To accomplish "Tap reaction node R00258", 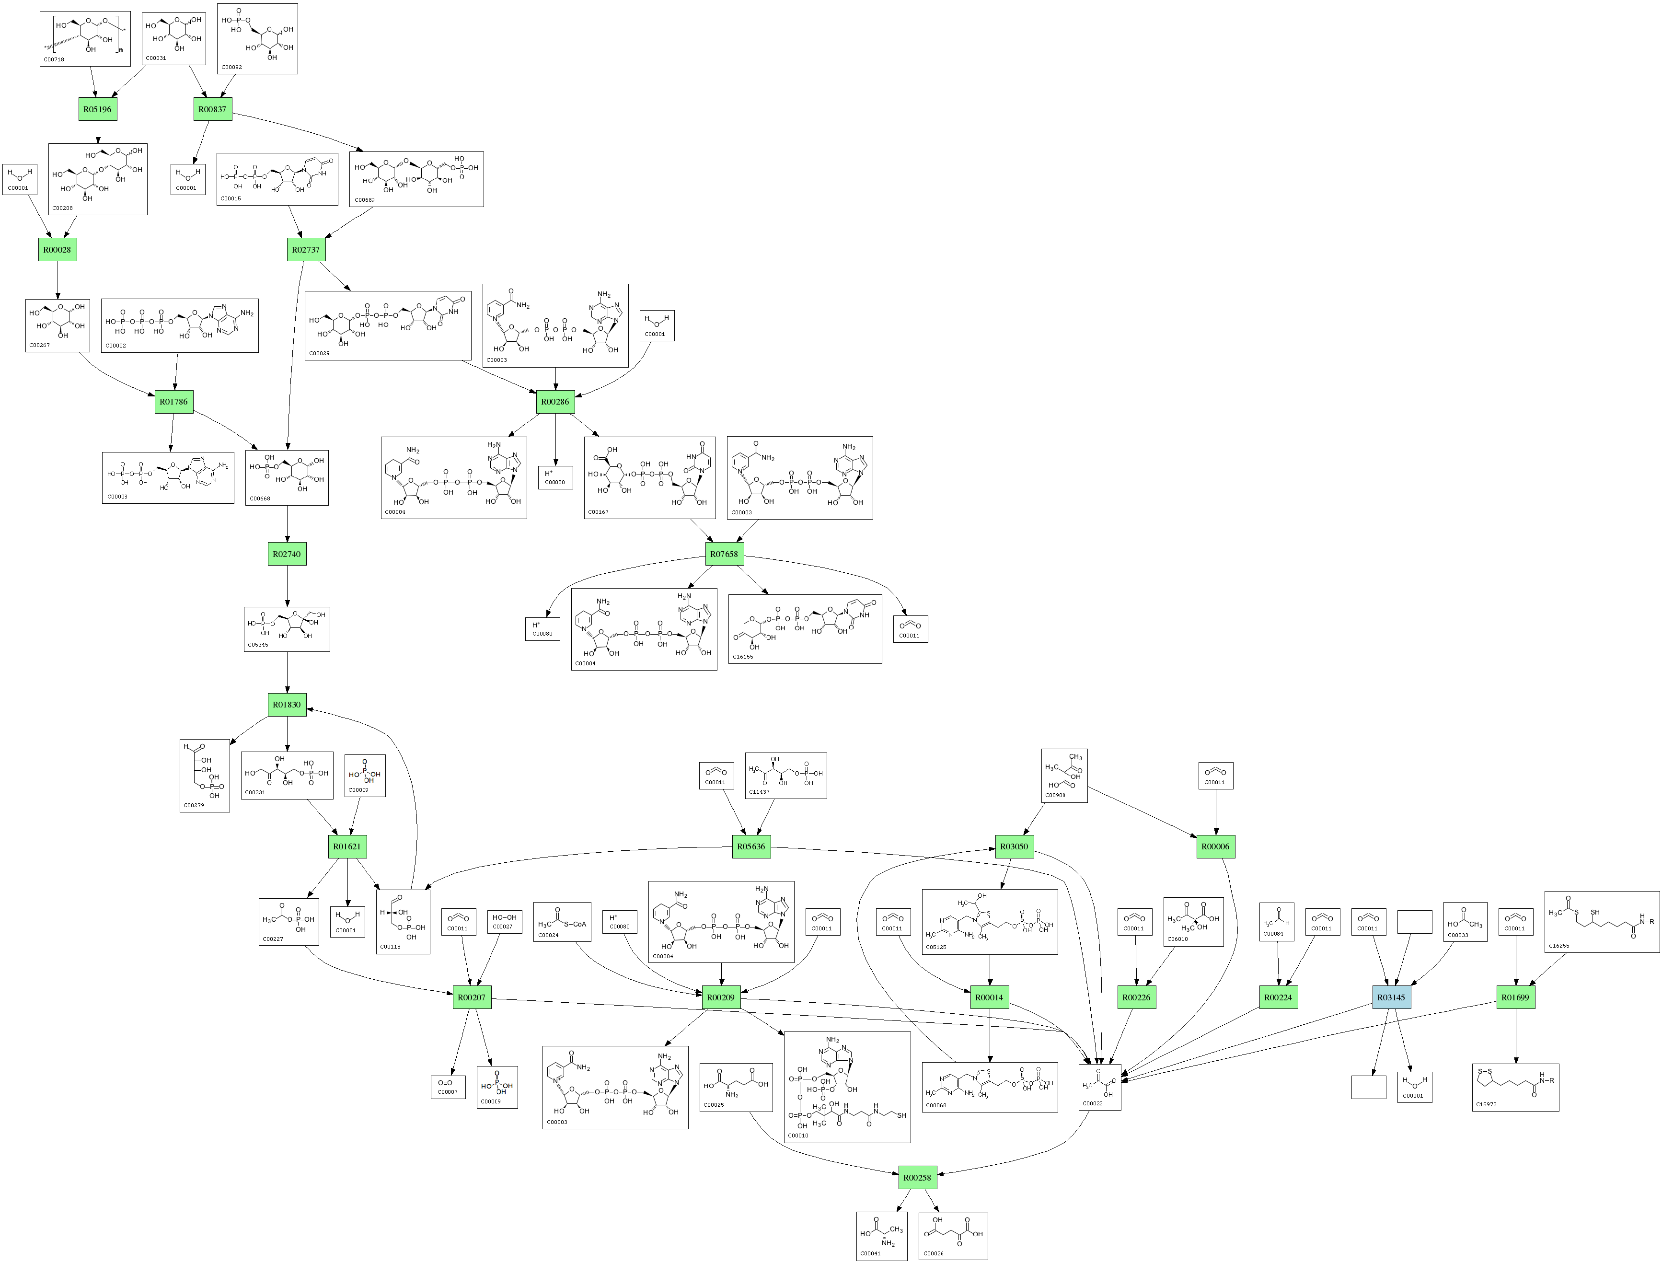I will point(917,1177).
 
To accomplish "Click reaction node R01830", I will point(287,705).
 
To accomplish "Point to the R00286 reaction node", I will point(555,402).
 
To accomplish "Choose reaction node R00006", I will point(1215,846).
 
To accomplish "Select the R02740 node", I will point(287,554).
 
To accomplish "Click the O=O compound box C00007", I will point(448,1087).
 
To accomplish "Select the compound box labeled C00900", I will point(1063,775).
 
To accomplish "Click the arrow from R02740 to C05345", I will point(287,586).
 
